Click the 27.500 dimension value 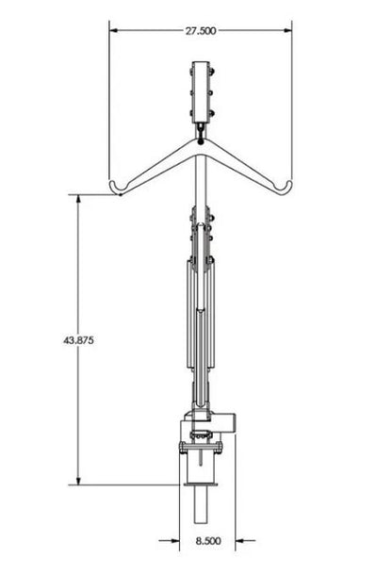[x=201, y=31]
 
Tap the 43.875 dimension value [x=78, y=340]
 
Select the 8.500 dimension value [x=208, y=541]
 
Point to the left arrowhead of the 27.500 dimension [x=114, y=31]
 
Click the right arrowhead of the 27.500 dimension [x=287, y=31]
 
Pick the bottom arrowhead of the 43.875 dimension [x=78, y=481]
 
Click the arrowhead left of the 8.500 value [x=175, y=540]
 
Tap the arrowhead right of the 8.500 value [x=239, y=540]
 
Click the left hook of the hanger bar [x=117, y=189]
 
